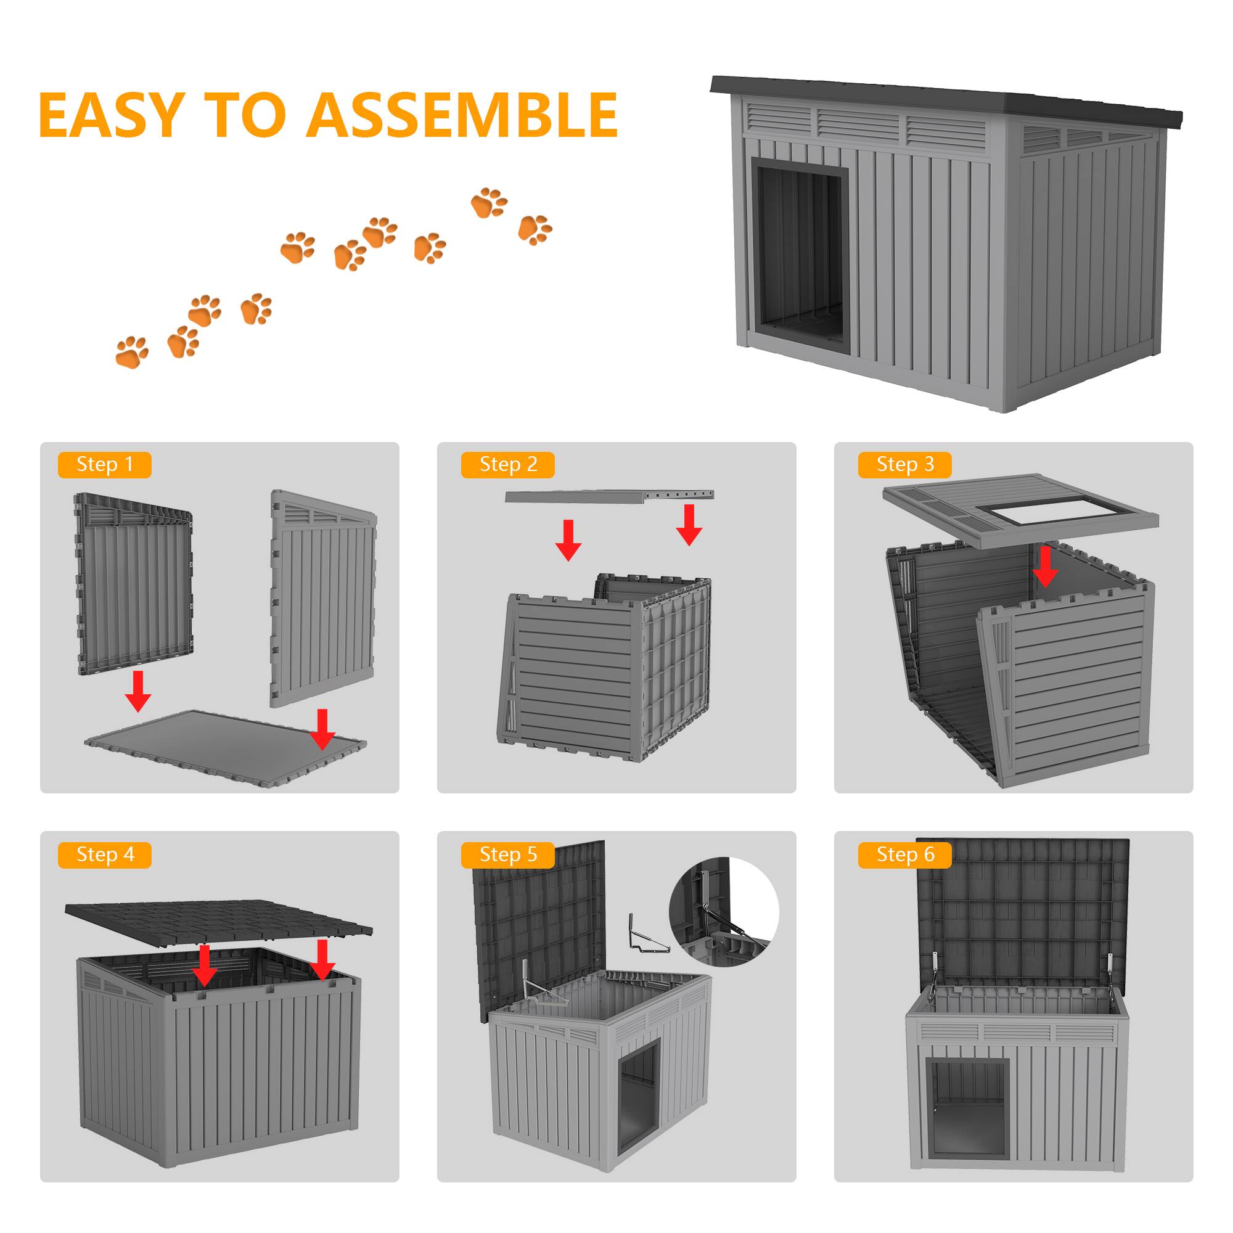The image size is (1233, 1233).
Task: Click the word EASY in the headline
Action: (x=112, y=115)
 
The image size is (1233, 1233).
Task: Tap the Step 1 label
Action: (x=105, y=465)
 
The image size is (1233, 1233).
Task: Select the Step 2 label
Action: (x=508, y=465)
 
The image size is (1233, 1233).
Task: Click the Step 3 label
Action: (x=904, y=465)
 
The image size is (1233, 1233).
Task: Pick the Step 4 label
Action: (x=105, y=854)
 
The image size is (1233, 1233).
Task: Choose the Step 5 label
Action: (x=508, y=854)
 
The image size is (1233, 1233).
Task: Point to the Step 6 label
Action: (x=904, y=854)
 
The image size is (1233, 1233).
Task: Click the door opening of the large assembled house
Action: (x=800, y=255)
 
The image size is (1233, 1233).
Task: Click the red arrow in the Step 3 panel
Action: (x=1045, y=565)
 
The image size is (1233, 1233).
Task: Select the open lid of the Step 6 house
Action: (x=1023, y=909)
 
